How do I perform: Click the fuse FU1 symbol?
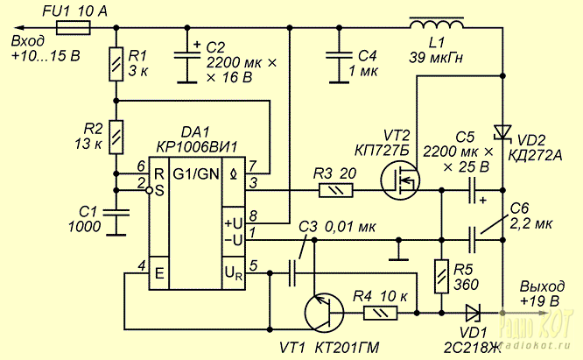tap(73, 27)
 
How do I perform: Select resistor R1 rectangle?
tap(116, 64)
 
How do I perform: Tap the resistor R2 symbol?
tap(116, 137)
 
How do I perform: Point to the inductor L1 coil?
tap(437, 23)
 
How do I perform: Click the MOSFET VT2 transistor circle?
tap(400, 180)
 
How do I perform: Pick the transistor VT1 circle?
tap(324, 312)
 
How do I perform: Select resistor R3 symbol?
tap(336, 191)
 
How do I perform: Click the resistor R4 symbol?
tap(380, 313)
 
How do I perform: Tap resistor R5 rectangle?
tap(442, 277)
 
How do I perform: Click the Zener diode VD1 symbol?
tap(474, 313)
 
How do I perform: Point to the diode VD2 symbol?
tap(502, 132)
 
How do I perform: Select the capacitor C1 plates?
tap(116, 212)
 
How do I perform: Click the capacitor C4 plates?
tap(339, 56)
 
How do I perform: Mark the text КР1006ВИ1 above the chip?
tap(196, 148)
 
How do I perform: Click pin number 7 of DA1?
tap(252, 166)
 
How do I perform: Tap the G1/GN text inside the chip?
tap(195, 173)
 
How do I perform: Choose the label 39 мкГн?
tap(436, 58)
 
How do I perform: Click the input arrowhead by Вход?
tap(18, 27)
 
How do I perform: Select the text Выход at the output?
tap(542, 286)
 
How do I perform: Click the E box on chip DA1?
tap(159, 273)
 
